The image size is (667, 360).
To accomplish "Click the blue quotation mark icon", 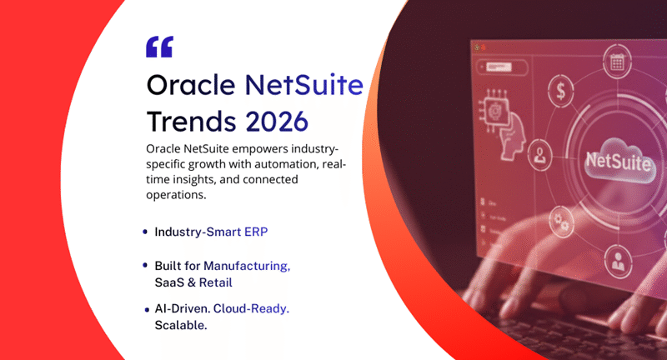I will coord(158,47).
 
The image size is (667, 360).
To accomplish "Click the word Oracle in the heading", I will coord(190,85).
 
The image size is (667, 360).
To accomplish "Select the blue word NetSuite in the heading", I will coord(303,85).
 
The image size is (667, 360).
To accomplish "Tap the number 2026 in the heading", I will coord(277,121).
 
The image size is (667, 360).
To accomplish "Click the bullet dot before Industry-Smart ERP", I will coord(146,232).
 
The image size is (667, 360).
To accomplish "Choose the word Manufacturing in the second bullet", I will coord(247,266).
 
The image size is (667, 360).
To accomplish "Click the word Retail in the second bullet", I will coord(216,282).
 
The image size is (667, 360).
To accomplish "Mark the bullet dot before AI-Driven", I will coord(147,310).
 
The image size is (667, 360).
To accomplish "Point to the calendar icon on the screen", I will coord(618,62).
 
